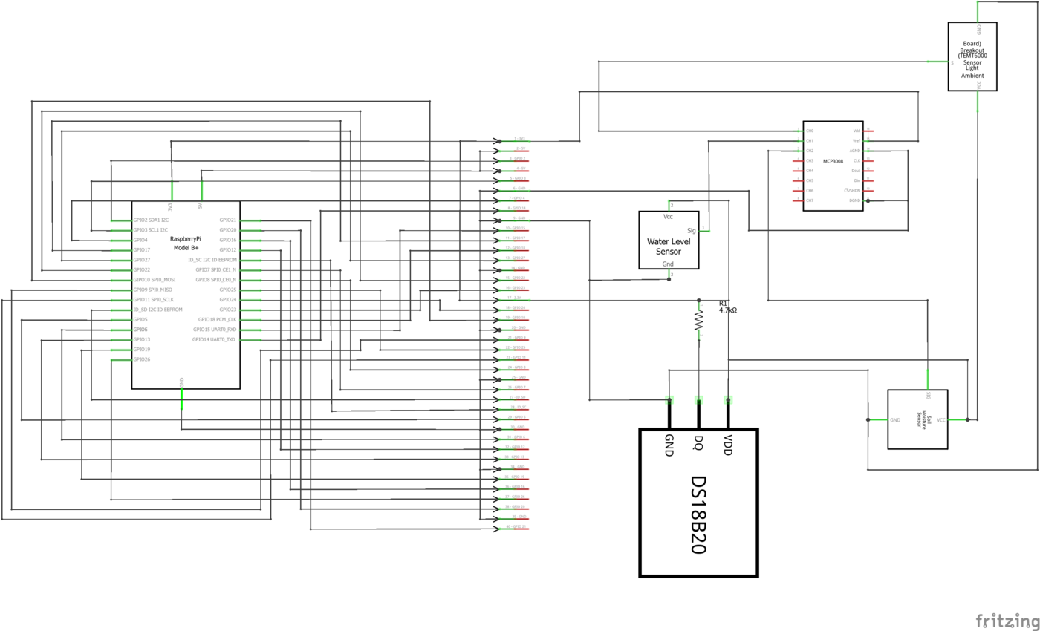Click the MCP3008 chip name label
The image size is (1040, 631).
click(x=833, y=160)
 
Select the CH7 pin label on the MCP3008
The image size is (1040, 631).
click(x=810, y=200)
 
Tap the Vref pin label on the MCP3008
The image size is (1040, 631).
click(x=856, y=140)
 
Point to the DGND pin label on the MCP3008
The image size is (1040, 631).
click(x=854, y=200)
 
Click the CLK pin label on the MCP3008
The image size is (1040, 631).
click(x=857, y=160)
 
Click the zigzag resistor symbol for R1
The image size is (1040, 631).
click(x=698, y=320)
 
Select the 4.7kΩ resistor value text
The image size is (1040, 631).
click(x=727, y=310)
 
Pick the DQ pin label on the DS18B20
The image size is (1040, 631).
click(x=698, y=443)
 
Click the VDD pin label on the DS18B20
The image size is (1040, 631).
click(x=729, y=445)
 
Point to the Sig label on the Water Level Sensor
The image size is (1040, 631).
click(x=692, y=231)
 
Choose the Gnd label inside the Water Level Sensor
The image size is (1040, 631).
click(x=669, y=264)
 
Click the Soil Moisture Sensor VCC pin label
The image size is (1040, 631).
click(x=941, y=420)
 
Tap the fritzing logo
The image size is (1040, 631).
click(x=1006, y=620)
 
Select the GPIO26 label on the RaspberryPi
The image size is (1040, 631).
click(x=142, y=359)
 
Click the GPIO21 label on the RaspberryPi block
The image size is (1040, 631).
click(x=228, y=220)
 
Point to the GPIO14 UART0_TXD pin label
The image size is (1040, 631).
click(x=214, y=339)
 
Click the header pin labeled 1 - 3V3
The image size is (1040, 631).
click(x=519, y=139)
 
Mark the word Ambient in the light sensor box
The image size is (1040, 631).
click(x=972, y=76)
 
